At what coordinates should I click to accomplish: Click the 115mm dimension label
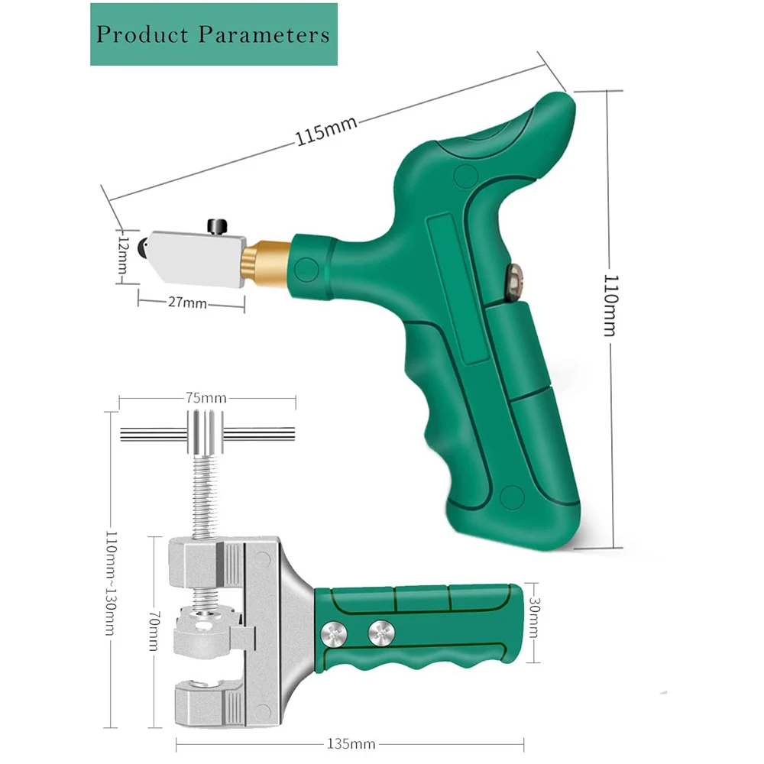(326, 131)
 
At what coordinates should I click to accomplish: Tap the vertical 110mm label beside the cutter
(610, 306)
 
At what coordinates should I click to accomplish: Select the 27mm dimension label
(188, 303)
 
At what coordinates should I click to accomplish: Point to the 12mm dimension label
(124, 256)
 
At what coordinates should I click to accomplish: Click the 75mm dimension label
(206, 398)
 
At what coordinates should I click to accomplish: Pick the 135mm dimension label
(351, 744)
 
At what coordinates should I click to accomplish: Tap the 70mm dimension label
(154, 631)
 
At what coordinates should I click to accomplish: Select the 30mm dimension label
(534, 617)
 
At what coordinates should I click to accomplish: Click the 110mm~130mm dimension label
(112, 583)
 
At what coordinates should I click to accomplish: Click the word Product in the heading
(142, 34)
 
